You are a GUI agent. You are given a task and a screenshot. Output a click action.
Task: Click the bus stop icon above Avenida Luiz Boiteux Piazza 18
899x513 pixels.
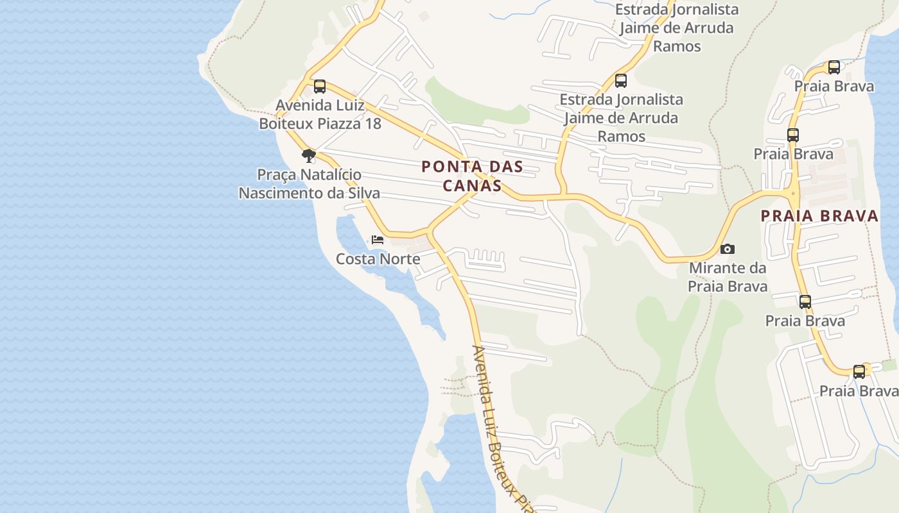(319, 87)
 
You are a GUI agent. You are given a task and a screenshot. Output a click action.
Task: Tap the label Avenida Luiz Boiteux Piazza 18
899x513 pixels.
(320, 114)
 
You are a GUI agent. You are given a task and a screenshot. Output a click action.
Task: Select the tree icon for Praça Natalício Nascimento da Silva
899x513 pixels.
(309, 155)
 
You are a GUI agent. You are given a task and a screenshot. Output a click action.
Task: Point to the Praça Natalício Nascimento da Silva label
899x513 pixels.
(310, 183)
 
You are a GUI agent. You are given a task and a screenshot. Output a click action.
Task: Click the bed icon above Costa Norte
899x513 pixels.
(378, 240)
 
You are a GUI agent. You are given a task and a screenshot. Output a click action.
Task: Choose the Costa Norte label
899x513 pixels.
(378, 259)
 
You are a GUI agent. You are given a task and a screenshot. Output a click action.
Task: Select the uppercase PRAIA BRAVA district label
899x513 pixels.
(819, 216)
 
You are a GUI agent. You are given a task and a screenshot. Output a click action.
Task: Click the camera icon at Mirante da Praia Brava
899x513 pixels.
(727, 249)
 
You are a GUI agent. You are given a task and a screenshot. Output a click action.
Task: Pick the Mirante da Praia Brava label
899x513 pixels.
(728, 276)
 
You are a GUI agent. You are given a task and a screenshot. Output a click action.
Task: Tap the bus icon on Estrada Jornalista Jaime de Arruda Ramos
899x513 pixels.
(620, 81)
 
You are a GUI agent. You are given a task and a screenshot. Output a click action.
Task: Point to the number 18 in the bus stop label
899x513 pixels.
(372, 124)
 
